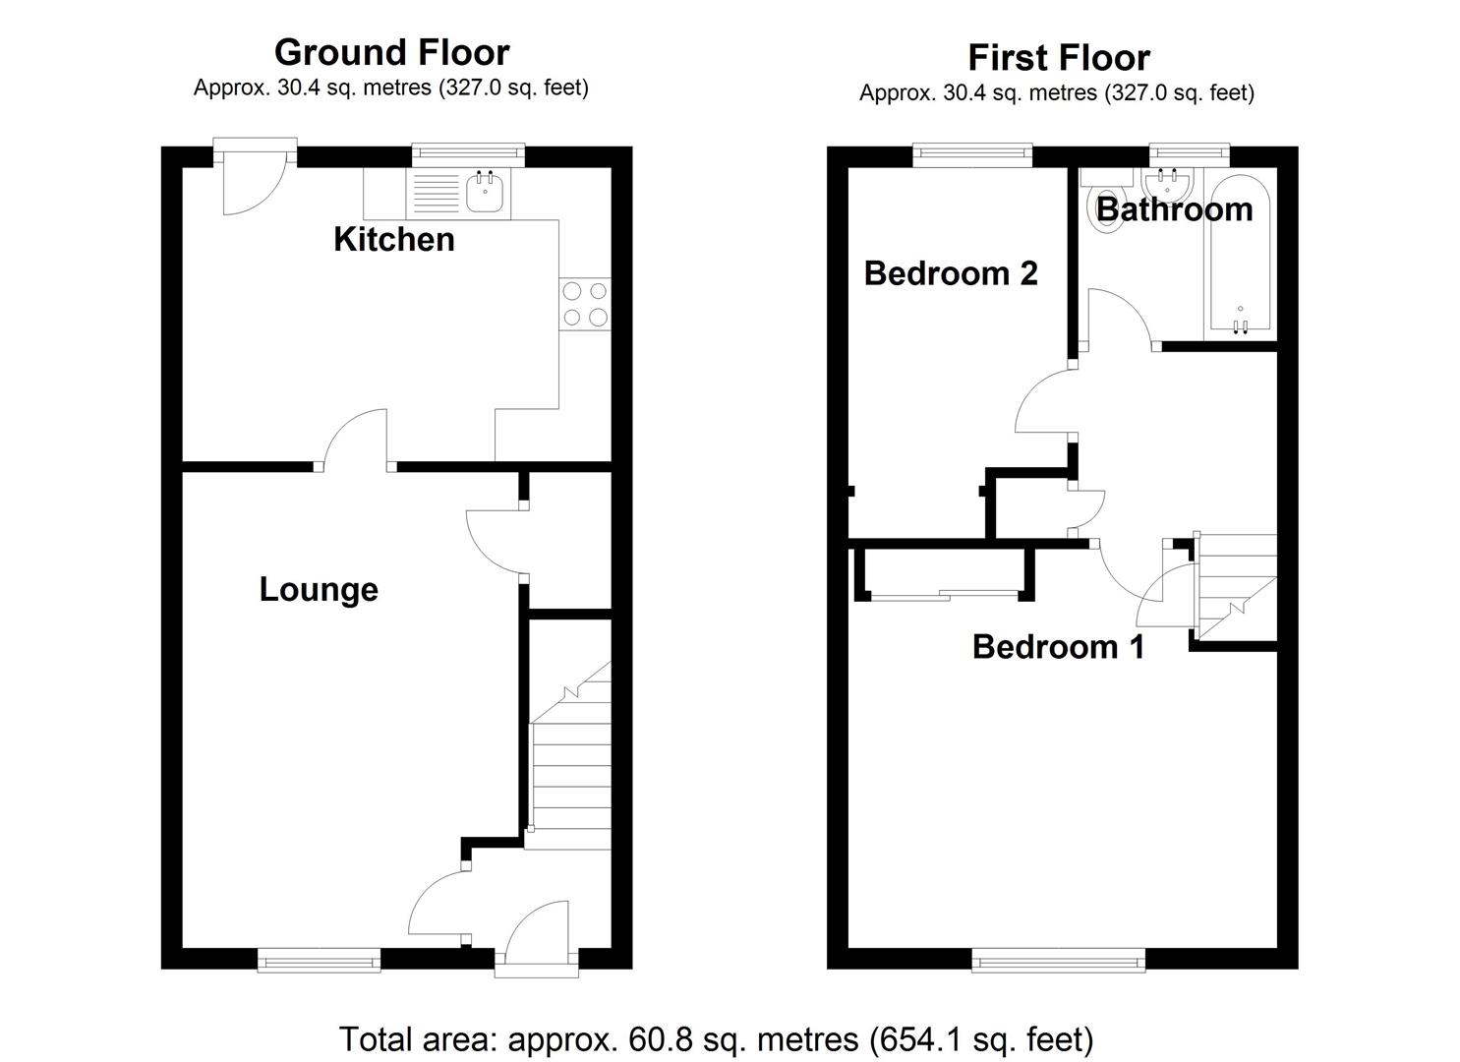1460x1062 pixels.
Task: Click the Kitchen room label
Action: (393, 239)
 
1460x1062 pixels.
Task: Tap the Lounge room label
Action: (319, 589)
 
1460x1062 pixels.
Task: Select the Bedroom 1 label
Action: (1058, 646)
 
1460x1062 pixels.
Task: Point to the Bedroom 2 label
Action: (950, 272)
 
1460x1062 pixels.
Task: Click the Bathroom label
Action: (1174, 208)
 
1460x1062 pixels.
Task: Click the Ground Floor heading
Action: (391, 51)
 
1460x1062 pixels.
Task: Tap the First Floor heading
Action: (1058, 57)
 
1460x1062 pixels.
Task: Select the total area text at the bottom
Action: (716, 1038)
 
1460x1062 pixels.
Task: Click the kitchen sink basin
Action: (486, 192)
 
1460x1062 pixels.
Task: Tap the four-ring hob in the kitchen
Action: (585, 304)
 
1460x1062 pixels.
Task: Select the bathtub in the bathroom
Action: (1239, 256)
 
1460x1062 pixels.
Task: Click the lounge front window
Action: (319, 960)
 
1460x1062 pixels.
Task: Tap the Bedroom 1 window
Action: (1058, 960)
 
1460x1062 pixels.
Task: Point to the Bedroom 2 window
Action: (972, 152)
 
